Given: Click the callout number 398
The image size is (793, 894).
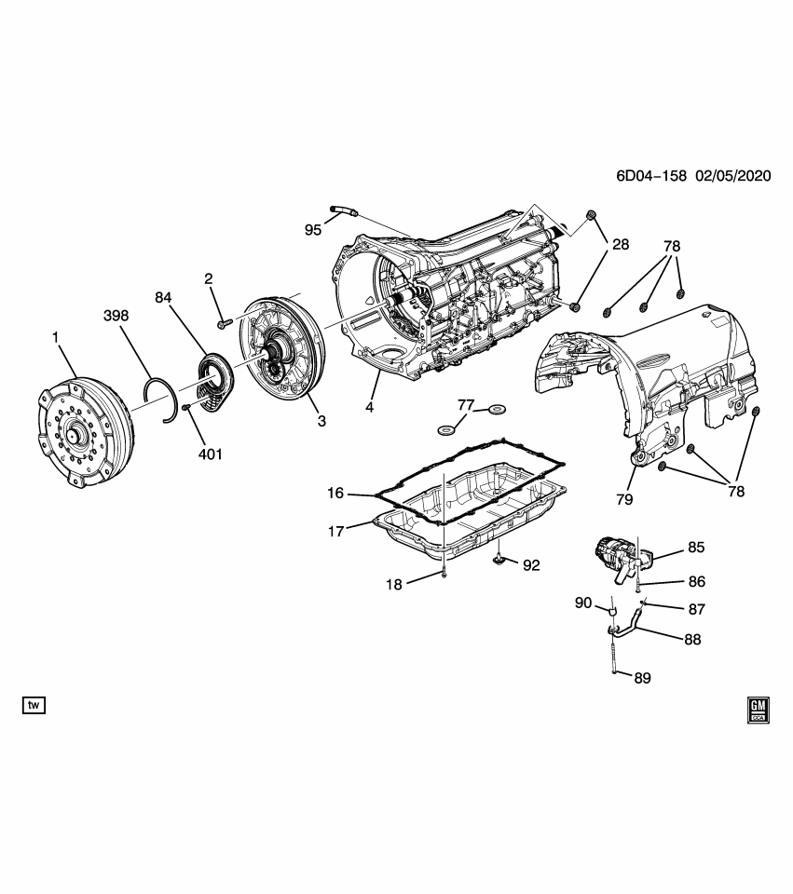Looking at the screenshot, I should [116, 317].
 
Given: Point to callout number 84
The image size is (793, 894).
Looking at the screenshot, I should [164, 298].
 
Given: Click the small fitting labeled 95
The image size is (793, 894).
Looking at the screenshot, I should [342, 212].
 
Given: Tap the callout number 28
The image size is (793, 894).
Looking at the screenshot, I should [620, 245].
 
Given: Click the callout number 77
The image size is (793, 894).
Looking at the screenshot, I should [466, 405].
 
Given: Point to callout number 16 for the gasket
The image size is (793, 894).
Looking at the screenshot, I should [335, 493].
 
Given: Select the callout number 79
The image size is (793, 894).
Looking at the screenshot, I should [623, 499].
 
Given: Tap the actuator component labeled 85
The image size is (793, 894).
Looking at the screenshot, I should [615, 555].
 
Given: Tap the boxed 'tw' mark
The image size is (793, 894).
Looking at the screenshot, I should [34, 705].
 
